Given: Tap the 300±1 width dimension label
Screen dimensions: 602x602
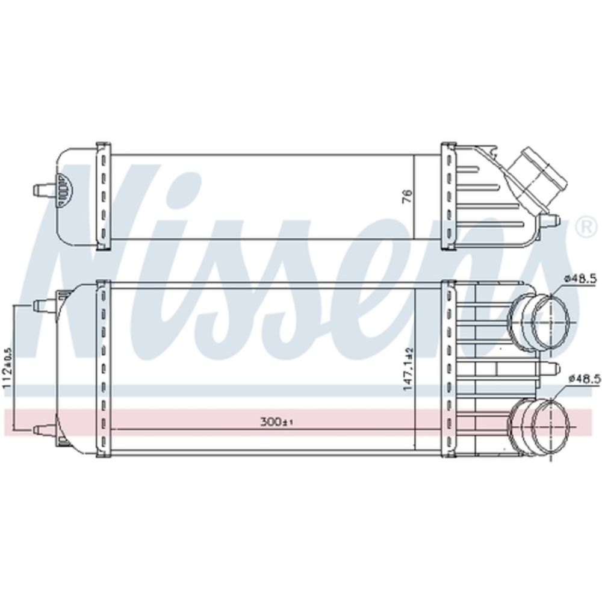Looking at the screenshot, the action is (276, 423).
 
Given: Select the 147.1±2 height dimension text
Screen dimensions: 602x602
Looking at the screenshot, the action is (408, 370).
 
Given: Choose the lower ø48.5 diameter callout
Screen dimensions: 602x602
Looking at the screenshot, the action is (584, 379).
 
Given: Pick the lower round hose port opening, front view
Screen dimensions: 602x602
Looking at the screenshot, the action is (550, 426).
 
